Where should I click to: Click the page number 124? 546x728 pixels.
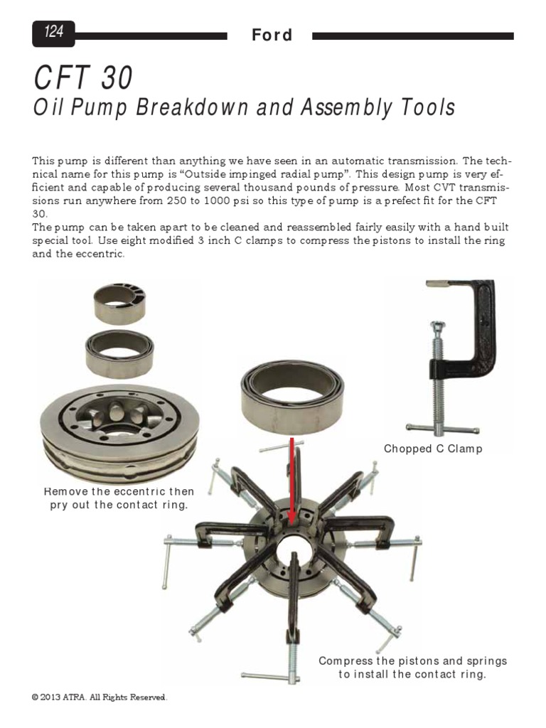53,32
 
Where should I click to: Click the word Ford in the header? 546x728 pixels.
272,35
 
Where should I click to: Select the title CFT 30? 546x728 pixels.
82,78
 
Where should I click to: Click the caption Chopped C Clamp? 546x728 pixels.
433,449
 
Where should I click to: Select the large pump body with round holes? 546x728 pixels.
117,427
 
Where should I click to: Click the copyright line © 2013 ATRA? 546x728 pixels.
99,697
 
